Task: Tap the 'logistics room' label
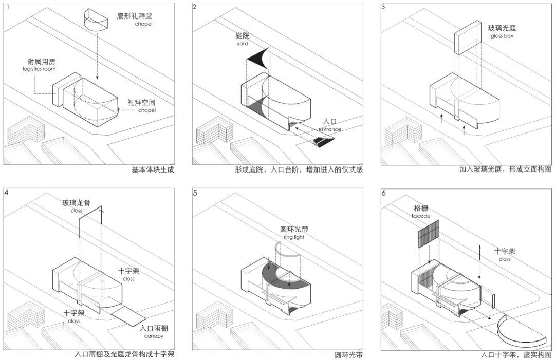(39, 69)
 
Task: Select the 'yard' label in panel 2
(243, 44)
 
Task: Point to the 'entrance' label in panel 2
(329, 129)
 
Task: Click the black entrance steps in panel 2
(323, 142)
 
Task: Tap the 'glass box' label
(502, 36)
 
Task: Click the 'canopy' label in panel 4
(154, 336)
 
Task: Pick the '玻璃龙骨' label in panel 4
(77, 203)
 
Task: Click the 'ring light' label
(294, 237)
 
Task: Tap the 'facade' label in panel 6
(421, 216)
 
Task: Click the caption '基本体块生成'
(153, 170)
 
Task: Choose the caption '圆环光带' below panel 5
(348, 355)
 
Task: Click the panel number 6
(384, 193)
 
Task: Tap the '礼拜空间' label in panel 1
(142, 103)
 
